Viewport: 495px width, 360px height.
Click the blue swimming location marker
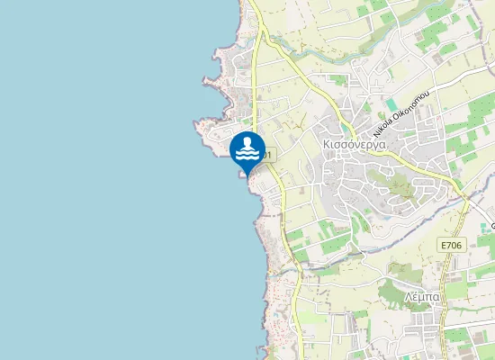coord(247,150)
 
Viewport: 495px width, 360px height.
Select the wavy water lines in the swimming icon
coord(247,155)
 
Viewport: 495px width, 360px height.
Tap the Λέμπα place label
coord(420,296)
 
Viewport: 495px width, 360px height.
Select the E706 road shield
coord(451,245)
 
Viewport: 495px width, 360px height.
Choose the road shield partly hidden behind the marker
coord(268,156)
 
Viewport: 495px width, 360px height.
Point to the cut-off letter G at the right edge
coord(492,223)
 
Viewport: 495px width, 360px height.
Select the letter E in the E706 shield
coord(444,245)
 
